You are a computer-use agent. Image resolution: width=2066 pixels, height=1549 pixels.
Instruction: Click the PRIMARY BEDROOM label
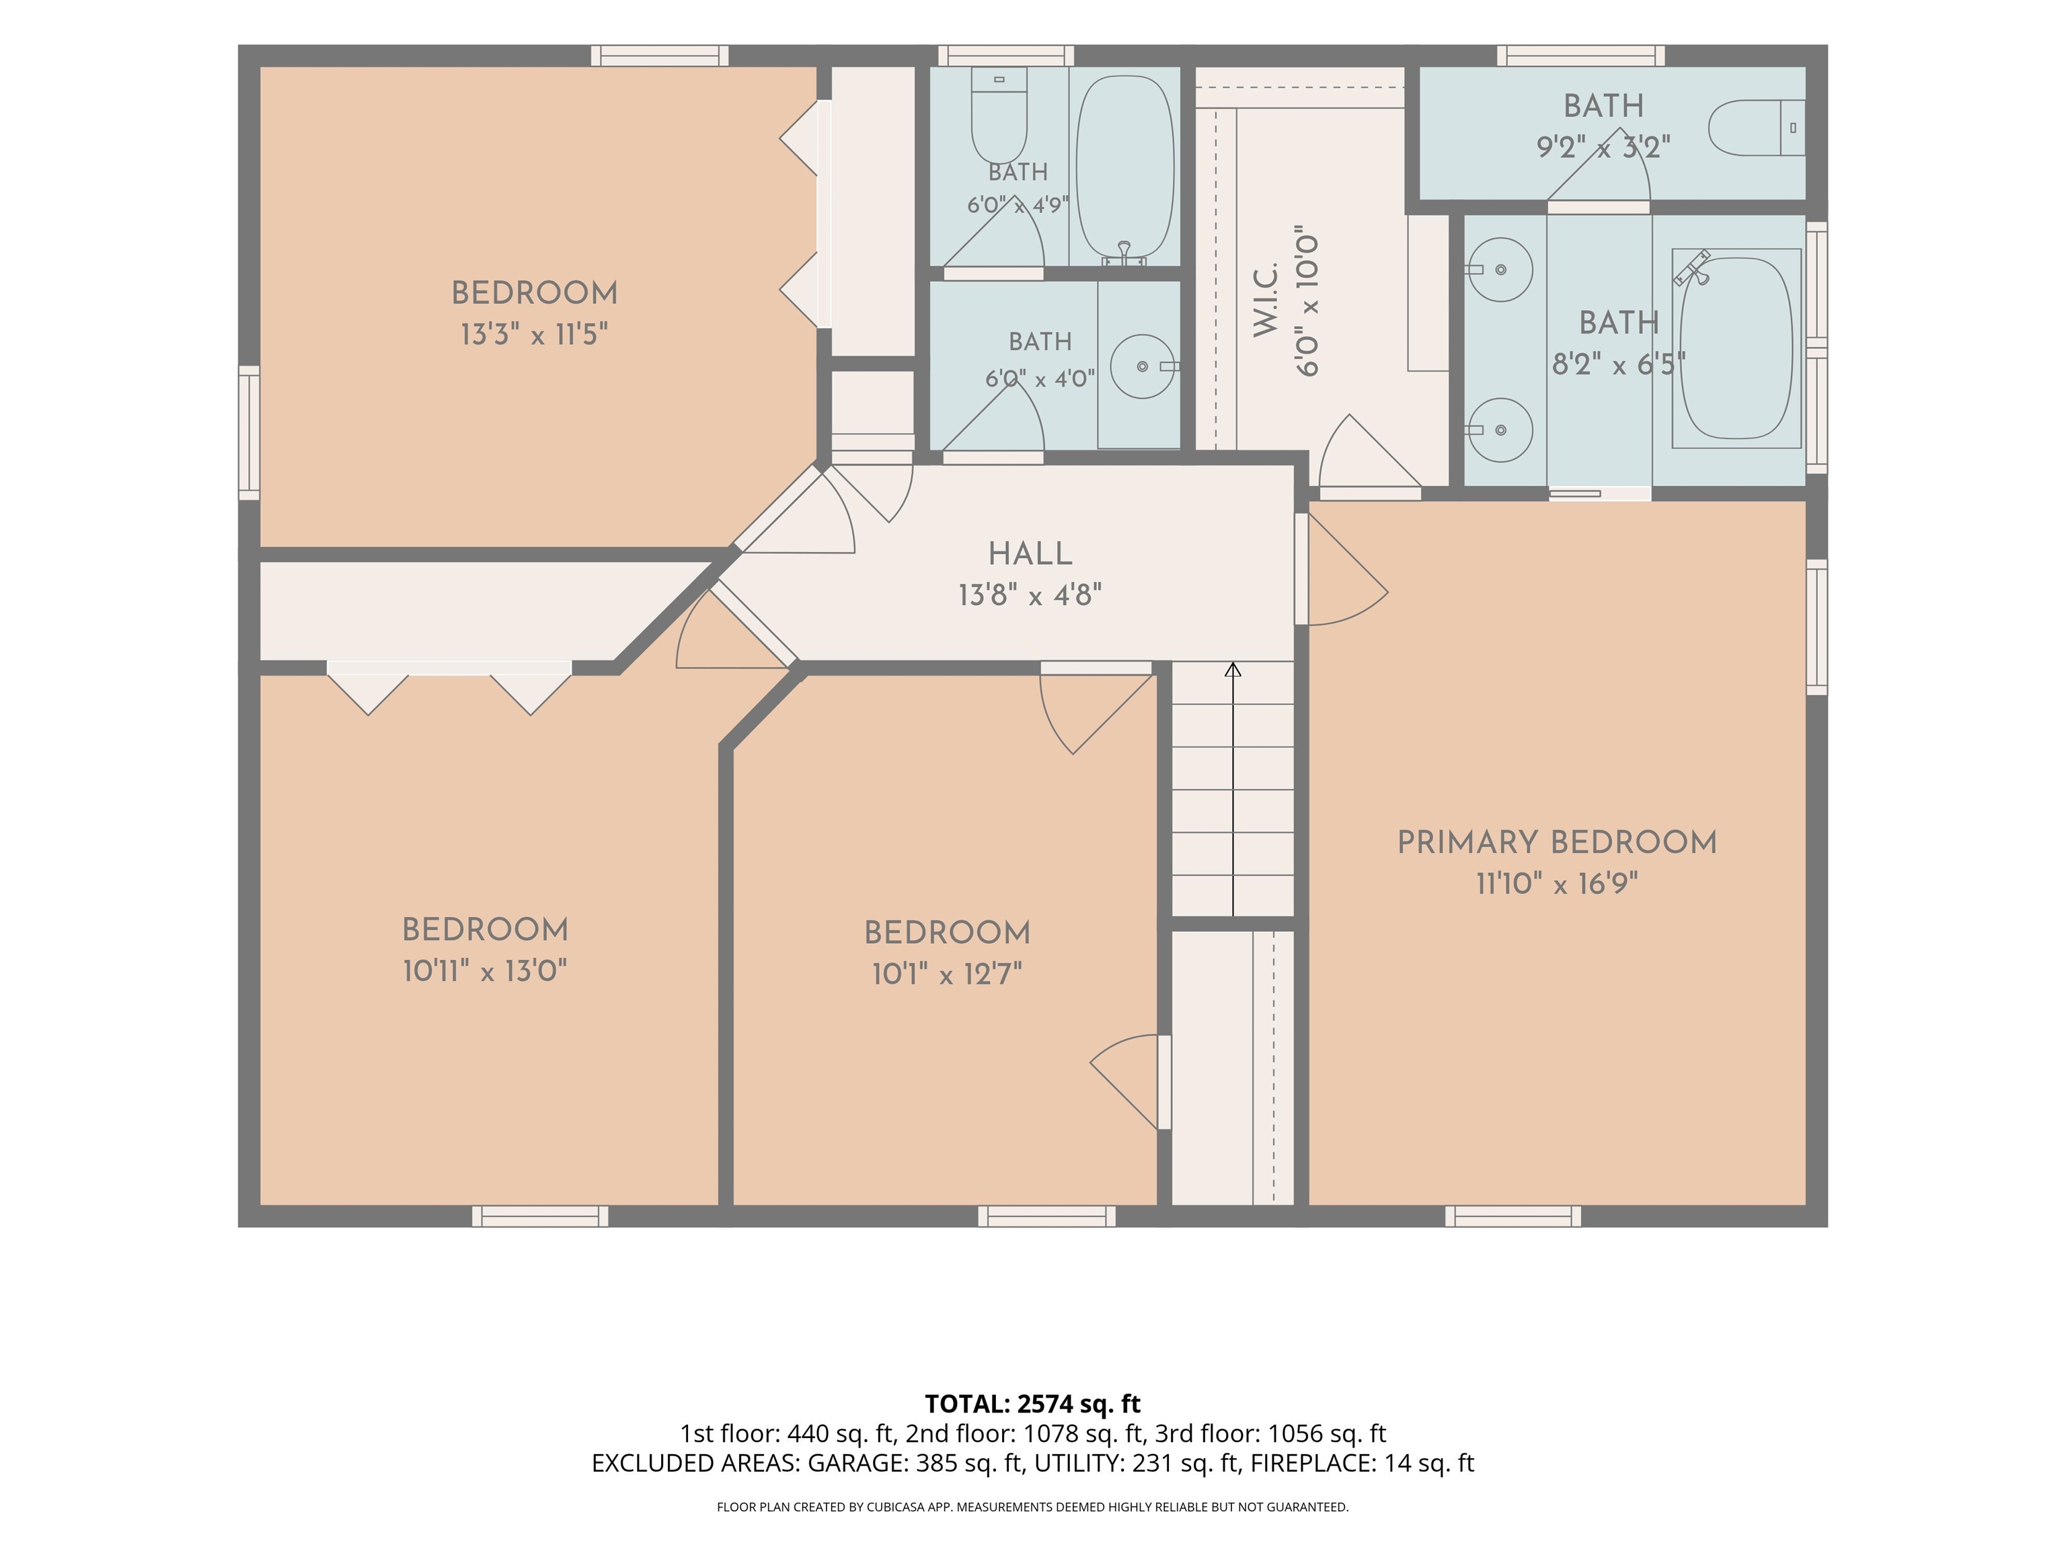pyautogui.click(x=1557, y=842)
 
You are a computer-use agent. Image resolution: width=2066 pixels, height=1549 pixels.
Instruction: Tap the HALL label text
pyautogui.click(x=1030, y=554)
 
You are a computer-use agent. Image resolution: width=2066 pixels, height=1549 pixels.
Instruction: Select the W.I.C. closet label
pyautogui.click(x=1266, y=300)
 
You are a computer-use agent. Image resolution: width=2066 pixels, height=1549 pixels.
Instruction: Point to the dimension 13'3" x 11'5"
pyautogui.click(x=534, y=333)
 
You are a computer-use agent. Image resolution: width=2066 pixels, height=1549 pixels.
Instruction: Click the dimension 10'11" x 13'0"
pyautogui.click(x=485, y=971)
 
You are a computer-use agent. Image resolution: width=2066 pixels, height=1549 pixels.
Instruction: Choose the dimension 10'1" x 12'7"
pyautogui.click(x=947, y=975)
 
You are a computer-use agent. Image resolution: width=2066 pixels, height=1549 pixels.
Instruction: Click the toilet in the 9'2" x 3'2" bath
pyautogui.click(x=1757, y=128)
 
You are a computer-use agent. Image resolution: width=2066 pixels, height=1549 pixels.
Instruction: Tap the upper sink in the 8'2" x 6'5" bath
pyautogui.click(x=1498, y=270)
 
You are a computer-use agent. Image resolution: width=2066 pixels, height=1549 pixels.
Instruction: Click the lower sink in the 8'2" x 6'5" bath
pyautogui.click(x=1498, y=430)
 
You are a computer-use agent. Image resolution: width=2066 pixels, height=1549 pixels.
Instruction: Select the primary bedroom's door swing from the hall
pyautogui.click(x=1348, y=569)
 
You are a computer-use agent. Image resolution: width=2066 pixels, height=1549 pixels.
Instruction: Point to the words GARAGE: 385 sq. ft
pyautogui.click(x=915, y=1463)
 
